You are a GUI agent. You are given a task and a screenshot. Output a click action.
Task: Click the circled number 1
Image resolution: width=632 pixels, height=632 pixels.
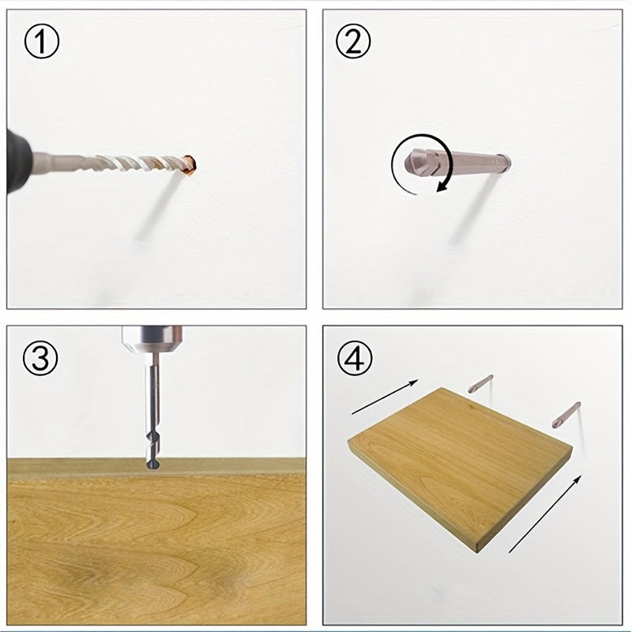[42, 41]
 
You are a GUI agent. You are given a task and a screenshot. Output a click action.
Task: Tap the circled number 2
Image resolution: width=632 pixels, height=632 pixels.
[353, 41]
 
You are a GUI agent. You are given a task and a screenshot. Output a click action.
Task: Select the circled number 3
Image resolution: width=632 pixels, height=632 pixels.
[40, 358]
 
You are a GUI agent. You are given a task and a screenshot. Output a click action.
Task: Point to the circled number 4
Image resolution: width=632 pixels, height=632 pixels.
[355, 358]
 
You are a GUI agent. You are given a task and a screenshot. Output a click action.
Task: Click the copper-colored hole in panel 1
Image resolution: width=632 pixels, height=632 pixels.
[190, 165]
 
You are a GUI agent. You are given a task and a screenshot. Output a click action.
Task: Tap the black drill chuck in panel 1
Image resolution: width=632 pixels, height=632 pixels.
[18, 161]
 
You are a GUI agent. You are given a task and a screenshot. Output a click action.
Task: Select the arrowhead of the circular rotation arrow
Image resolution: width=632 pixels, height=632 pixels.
[444, 186]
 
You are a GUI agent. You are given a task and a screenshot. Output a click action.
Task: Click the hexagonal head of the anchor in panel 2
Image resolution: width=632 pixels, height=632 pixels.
[416, 163]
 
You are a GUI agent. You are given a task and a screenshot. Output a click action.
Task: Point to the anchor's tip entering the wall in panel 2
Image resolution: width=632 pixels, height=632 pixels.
[505, 162]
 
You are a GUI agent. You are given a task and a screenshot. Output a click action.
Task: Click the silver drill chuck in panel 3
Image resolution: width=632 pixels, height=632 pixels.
[152, 340]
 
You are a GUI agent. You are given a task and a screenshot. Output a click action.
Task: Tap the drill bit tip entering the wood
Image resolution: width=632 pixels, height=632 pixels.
[152, 465]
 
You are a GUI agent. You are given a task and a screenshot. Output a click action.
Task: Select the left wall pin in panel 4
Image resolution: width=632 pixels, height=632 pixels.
[480, 383]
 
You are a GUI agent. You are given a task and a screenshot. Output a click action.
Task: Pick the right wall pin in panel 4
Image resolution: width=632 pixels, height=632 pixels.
[566, 416]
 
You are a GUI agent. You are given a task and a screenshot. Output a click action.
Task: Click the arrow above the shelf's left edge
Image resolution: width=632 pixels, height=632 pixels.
[385, 397]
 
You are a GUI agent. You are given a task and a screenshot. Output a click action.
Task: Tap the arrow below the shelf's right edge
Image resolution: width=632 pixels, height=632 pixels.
[545, 513]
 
